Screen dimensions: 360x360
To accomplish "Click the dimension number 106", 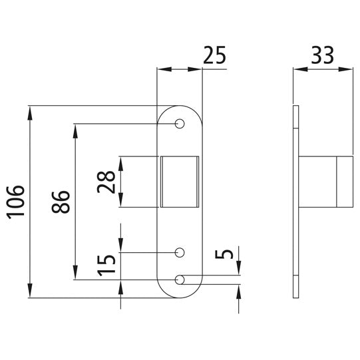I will coord(16,202).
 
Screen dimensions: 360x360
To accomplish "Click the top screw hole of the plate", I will coord(180,124).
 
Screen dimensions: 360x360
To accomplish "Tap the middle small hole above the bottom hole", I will coord(180,252).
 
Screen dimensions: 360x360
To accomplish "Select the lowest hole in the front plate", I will coord(180,279).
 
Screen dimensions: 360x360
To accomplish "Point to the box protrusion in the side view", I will coord(326,182).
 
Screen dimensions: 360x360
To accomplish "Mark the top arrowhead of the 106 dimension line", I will coord(30,111).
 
